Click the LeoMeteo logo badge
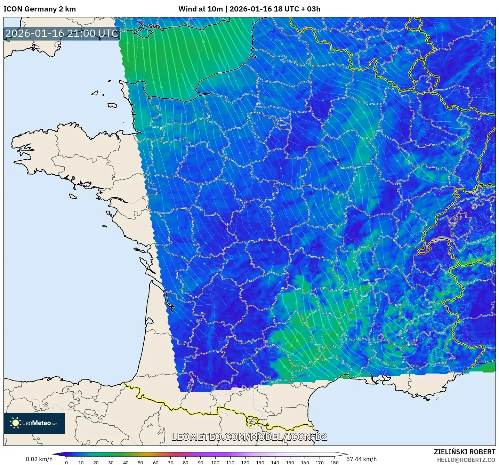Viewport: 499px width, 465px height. (x=34, y=423)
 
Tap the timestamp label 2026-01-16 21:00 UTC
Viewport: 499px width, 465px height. (x=62, y=33)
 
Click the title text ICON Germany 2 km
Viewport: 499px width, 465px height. (x=40, y=9)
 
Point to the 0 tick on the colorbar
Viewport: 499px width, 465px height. (x=66, y=463)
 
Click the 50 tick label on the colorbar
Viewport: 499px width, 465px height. (x=140, y=463)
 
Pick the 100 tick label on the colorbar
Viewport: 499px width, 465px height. (x=215, y=463)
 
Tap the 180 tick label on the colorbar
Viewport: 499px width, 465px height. (x=335, y=463)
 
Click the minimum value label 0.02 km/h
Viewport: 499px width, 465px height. (x=39, y=459)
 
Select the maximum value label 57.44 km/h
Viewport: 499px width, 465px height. (x=362, y=459)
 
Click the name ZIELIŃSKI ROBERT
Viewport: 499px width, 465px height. (x=465, y=452)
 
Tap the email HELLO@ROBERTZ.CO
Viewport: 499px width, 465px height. (x=466, y=460)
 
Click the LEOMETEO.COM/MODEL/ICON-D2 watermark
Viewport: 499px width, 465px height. (x=249, y=437)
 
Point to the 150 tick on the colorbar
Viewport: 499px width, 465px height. (x=290, y=463)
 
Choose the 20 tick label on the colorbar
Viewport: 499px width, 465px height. (x=96, y=463)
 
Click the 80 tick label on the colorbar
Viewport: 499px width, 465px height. (x=185, y=463)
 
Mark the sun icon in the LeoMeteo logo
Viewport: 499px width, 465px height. (x=15, y=423)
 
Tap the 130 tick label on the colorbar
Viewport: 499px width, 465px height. (x=260, y=463)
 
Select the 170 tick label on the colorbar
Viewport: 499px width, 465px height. (x=320, y=463)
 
